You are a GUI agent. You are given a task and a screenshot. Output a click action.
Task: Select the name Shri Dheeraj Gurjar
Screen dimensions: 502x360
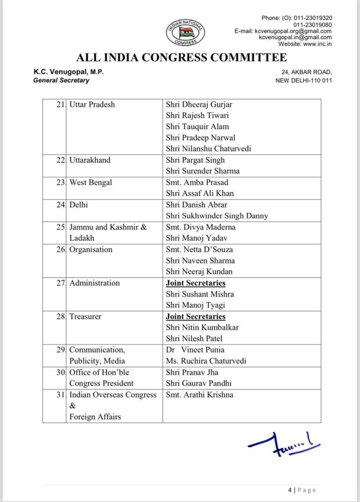pos(199,104)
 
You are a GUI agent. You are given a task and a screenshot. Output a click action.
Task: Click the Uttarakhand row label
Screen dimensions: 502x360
pos(90,160)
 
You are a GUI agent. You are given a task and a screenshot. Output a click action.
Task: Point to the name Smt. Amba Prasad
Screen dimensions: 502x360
pos(197,182)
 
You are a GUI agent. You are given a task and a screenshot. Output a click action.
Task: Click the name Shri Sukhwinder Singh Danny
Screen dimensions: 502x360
pos(217,216)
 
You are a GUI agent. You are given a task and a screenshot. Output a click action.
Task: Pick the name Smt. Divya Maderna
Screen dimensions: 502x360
pos(200,227)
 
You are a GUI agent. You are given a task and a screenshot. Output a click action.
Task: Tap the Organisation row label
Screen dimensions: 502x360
pos(91,250)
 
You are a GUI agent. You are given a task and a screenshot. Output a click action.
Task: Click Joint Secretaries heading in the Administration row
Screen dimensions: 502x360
pos(196,283)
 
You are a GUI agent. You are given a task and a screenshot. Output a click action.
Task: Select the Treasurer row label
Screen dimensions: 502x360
pos(85,317)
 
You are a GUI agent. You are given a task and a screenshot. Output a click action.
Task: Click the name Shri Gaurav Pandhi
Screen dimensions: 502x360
pos(199,383)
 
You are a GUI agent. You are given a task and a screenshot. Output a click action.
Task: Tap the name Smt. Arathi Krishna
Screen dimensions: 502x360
pos(199,395)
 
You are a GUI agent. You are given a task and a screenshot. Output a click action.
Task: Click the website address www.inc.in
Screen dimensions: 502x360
pos(315,44)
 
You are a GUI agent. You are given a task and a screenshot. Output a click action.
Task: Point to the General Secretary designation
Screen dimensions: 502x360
pos(61,80)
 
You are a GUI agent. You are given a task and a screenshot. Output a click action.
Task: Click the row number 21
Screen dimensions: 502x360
pos(61,104)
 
